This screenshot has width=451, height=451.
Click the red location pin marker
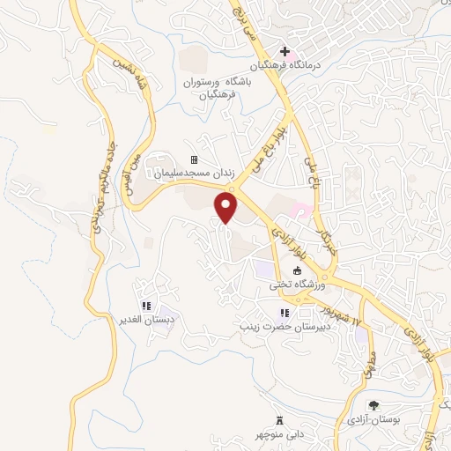click(227, 207)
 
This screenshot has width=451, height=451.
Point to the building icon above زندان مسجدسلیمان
click(194, 159)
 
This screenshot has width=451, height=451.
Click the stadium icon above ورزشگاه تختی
click(296, 270)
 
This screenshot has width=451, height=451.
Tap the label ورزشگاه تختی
click(297, 285)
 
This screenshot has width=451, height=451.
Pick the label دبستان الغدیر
click(144, 319)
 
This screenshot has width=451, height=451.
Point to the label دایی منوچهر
click(281, 433)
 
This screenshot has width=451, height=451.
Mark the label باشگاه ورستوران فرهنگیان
click(217, 87)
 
